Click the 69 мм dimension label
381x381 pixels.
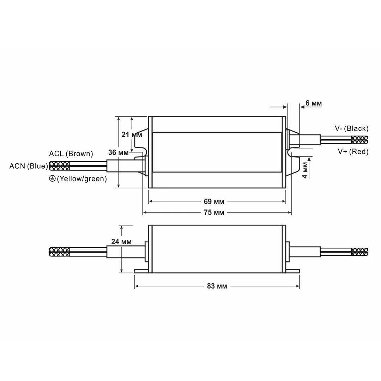[214, 202]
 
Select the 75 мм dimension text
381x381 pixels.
[214, 213]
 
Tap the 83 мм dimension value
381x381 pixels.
[217, 286]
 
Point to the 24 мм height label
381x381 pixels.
[121, 242]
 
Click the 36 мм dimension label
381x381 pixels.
[118, 153]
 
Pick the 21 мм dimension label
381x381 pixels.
[132, 135]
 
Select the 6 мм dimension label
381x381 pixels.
[313, 103]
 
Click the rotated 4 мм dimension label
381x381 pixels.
[305, 170]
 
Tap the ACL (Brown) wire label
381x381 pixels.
[71, 154]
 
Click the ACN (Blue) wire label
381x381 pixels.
[29, 166]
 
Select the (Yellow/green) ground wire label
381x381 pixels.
[82, 179]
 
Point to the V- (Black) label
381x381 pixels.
[351, 128]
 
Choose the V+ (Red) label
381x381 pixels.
[353, 152]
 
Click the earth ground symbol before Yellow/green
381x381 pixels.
[52, 179]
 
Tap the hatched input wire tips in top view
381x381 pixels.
[59, 166]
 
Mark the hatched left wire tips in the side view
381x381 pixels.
[59, 252]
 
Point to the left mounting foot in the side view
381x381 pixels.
[141, 271]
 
